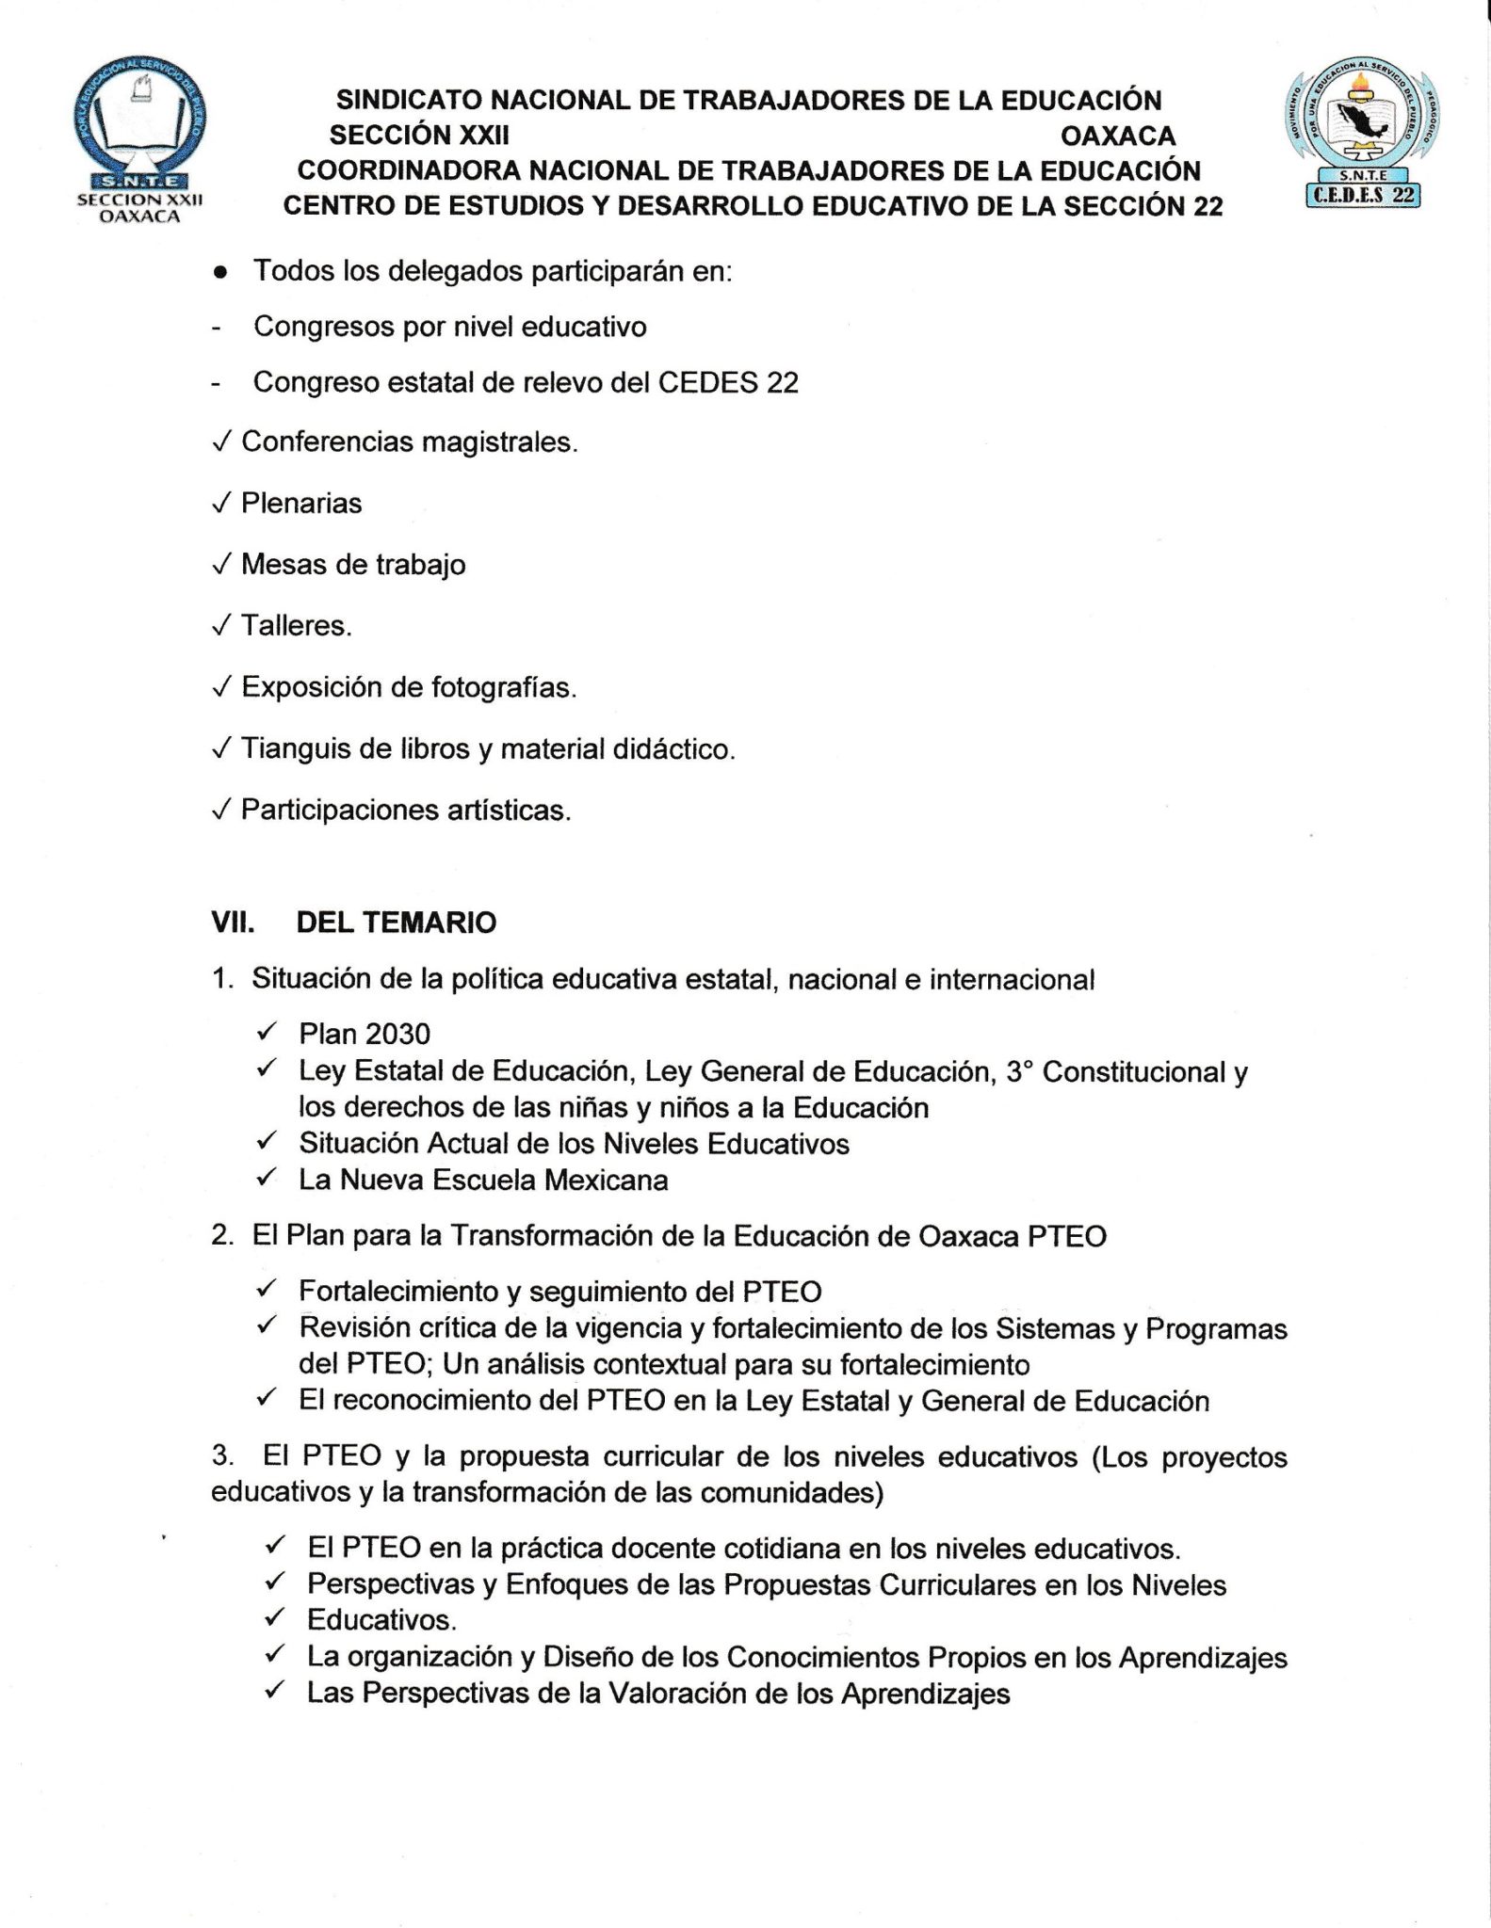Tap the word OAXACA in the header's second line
pos(1118,136)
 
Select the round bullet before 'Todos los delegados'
pos(220,273)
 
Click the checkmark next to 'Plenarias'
pos(221,504)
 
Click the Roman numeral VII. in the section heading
pos(233,923)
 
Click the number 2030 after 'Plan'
pos(397,1034)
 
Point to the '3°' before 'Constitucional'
pos(1019,1071)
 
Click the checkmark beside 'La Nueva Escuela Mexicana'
pos(267,1178)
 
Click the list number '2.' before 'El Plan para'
pos(222,1235)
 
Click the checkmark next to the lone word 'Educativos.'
pos(275,1618)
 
